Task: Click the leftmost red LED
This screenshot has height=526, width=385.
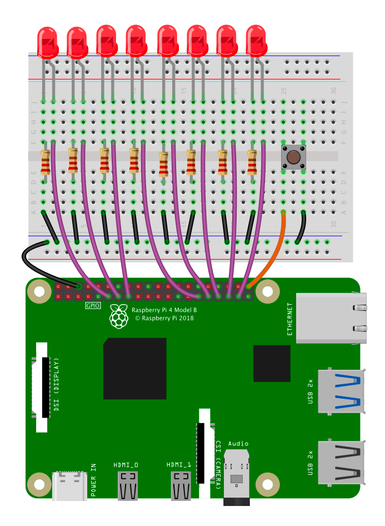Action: (47, 42)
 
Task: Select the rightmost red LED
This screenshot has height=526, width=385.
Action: (256, 40)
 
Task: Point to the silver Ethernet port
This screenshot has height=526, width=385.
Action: (331, 317)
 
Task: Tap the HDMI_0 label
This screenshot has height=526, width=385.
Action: (126, 464)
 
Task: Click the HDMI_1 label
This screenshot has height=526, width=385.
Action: (179, 464)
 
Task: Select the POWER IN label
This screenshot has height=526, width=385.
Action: (93, 480)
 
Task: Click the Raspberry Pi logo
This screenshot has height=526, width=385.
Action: (118, 316)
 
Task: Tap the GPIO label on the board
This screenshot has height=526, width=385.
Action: (93, 306)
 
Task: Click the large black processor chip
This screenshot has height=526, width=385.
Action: (134, 368)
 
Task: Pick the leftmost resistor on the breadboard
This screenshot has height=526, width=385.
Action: (46, 162)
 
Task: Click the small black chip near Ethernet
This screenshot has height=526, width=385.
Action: (272, 363)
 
